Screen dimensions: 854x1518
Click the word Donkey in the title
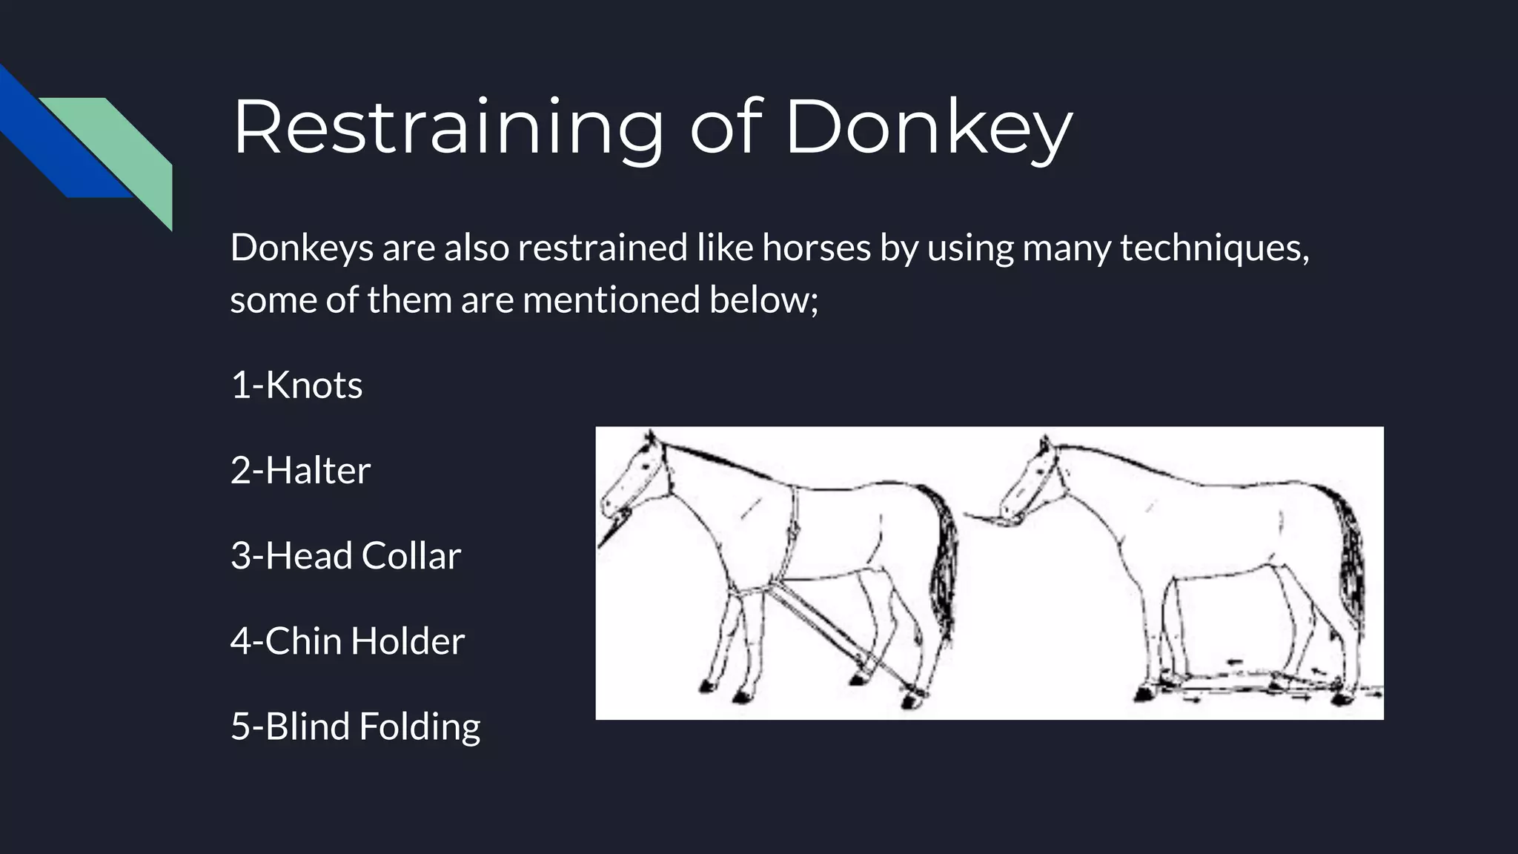click(x=928, y=128)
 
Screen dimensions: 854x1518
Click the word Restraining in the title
click(x=448, y=128)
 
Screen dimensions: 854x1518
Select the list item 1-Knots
click(x=296, y=385)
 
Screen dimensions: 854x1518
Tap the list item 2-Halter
click(x=300, y=470)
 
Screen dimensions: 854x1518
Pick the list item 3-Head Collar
click(x=345, y=555)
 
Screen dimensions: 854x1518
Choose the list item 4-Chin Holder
click(x=347, y=640)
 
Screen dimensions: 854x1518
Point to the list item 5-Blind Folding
click(x=355, y=726)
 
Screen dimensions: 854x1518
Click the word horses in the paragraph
click(x=816, y=247)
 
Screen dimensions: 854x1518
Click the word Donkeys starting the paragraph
click(x=302, y=247)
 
